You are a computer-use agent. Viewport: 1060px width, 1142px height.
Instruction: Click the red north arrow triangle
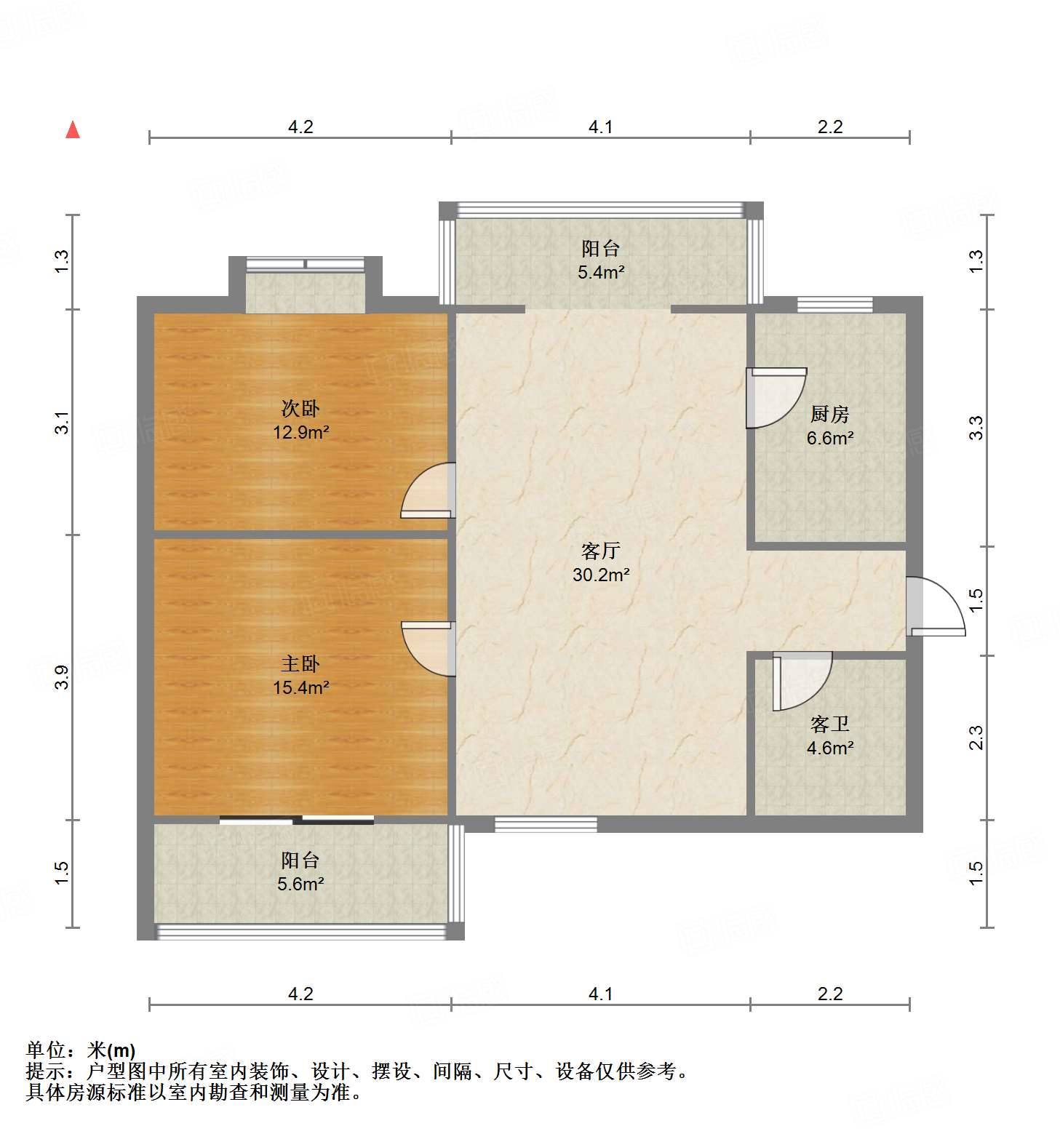click(x=72, y=129)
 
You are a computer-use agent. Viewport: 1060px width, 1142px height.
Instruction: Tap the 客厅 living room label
click(x=600, y=551)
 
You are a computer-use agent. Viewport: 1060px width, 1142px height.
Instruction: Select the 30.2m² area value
click(x=600, y=575)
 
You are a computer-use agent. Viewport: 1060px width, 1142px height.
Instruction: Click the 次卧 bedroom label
click(x=300, y=409)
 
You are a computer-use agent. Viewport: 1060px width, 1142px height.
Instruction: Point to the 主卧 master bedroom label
click(x=300, y=663)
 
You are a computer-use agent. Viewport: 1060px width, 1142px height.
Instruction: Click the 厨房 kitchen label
click(x=829, y=415)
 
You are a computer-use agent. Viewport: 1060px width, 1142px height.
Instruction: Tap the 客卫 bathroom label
click(x=829, y=724)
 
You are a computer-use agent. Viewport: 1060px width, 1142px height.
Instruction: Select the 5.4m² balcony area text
click(x=600, y=273)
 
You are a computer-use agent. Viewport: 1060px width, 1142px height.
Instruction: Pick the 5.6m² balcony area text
click(x=300, y=884)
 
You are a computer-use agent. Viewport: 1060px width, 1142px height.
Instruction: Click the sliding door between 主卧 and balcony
click(x=297, y=820)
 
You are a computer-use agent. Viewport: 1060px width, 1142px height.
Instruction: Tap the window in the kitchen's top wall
click(x=834, y=305)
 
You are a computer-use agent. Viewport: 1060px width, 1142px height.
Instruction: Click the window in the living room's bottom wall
click(x=546, y=824)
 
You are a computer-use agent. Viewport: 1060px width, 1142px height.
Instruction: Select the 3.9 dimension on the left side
click(x=63, y=677)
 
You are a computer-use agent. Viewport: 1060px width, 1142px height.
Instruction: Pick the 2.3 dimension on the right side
click(x=976, y=738)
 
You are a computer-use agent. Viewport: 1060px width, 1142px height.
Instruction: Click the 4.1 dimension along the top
click(x=600, y=127)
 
